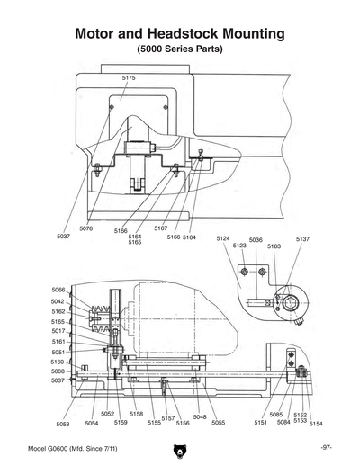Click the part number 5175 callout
[129, 78]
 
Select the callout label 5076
[85, 228]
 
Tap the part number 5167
[160, 228]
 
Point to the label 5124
[224, 238]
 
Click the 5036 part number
[256, 240]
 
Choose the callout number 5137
[302, 238]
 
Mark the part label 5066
[58, 289]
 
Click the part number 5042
[58, 301]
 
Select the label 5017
[58, 331]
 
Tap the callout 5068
[58, 371]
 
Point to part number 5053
[63, 423]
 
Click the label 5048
[200, 417]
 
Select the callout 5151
[260, 422]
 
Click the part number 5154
[316, 421]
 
